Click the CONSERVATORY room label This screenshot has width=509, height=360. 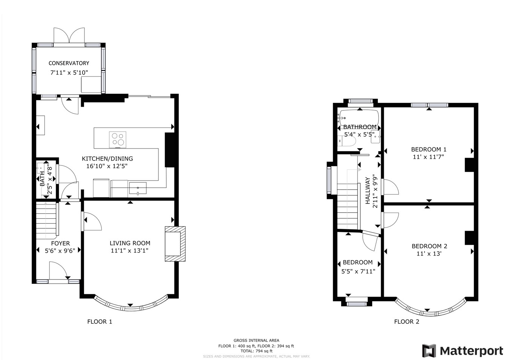pos(69,63)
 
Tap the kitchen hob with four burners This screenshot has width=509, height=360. pos(118,140)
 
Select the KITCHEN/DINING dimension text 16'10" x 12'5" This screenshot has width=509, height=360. pos(107,166)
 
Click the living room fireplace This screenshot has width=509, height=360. pos(175,244)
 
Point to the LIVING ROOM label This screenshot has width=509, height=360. pos(130,243)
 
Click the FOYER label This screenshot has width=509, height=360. pos(60,244)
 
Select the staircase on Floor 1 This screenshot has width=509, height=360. pos(46,220)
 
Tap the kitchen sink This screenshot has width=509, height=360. pos(138,188)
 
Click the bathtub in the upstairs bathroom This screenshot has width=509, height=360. pos(359,117)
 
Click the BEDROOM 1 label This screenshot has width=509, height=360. pos(429,149)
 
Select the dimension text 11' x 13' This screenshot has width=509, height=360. pos(429,253)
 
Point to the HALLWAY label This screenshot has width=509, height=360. pos(368,191)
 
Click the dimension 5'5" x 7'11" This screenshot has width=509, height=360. pos(358,271)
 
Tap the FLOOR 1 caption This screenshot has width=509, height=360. pos(100,322)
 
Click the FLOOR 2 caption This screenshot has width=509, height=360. pos(407,322)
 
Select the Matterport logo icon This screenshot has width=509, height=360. pos(429,351)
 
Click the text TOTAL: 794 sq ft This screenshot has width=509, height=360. pos(256,351)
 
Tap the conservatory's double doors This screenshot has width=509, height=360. pos(69,36)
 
